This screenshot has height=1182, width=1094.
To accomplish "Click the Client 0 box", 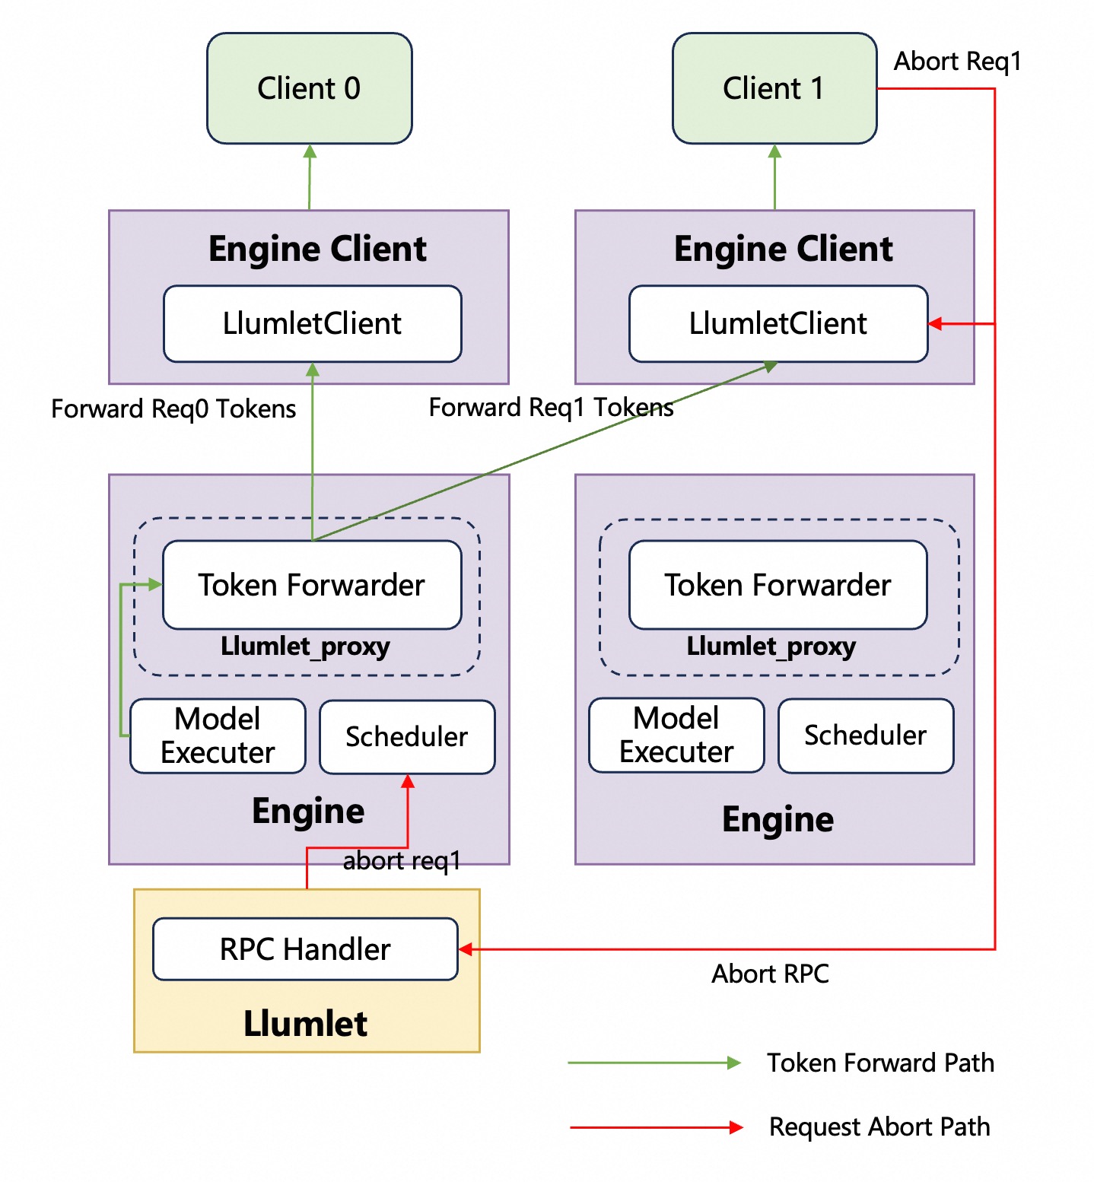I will pyautogui.click(x=309, y=88).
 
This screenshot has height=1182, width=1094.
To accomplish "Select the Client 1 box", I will pyautogui.click(x=774, y=88).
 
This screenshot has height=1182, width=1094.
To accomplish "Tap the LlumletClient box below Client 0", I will pyautogui.click(x=312, y=324).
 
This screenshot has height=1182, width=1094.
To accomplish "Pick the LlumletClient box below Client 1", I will pyautogui.click(x=778, y=324).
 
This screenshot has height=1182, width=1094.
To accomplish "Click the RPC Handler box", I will pyautogui.click(x=305, y=949).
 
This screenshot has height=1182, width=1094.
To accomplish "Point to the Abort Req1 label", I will pyautogui.click(x=957, y=62).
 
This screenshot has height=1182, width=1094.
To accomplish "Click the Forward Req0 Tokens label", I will pyautogui.click(x=173, y=409).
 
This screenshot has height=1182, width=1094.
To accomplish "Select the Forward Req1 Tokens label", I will pyautogui.click(x=551, y=408).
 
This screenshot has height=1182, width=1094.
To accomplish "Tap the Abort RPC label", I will pyautogui.click(x=770, y=974).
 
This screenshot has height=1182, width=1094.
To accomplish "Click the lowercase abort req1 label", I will pyautogui.click(x=402, y=861).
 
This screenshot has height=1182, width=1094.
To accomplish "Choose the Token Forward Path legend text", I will pyautogui.click(x=880, y=1063).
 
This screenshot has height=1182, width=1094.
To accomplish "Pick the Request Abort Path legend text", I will pyautogui.click(x=879, y=1126).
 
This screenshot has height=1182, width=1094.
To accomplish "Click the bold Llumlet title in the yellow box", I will pyautogui.click(x=306, y=1024).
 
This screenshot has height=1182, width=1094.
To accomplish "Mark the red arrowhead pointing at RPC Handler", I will pyautogui.click(x=466, y=949).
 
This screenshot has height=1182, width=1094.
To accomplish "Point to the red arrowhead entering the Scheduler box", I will pyautogui.click(x=408, y=782).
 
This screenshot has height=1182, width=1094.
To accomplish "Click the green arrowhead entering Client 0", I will pyautogui.click(x=310, y=151).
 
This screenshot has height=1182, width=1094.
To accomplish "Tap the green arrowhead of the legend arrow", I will pyautogui.click(x=734, y=1063).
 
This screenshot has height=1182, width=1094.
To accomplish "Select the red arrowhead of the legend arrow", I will pyautogui.click(x=736, y=1127).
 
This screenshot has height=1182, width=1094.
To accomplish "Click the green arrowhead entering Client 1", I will pyautogui.click(x=774, y=151).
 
